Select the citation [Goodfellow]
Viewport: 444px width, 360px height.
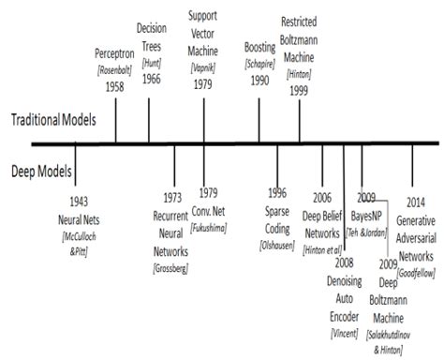point(419,272)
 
